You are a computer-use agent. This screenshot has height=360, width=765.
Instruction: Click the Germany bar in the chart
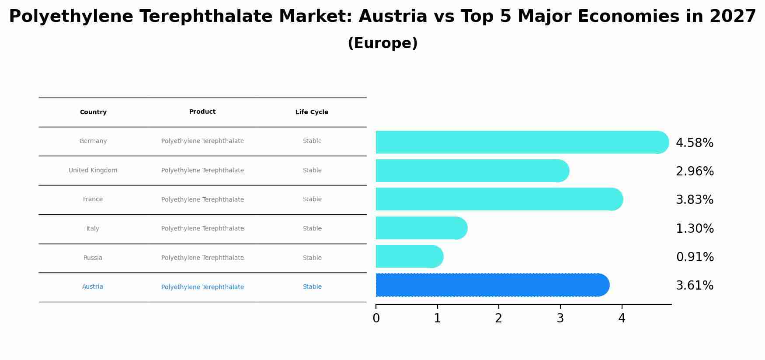520,142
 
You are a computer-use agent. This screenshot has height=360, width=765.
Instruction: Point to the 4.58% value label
694,143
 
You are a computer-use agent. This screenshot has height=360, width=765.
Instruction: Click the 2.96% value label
694,171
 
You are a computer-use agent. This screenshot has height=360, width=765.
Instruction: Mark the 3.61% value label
694,286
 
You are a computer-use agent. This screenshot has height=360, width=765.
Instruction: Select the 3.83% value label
694,200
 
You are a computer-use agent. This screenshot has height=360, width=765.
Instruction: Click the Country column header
93,112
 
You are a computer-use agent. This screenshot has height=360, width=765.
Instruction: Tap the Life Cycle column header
312,112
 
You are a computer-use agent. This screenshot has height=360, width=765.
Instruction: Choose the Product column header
202,112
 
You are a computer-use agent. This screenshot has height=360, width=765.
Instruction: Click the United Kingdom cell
93,171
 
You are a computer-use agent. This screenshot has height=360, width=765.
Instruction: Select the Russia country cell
93,258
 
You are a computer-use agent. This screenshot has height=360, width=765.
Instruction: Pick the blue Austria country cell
93,287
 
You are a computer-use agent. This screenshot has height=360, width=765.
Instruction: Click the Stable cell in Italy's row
312,229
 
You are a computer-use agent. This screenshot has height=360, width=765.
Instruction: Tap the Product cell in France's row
202,200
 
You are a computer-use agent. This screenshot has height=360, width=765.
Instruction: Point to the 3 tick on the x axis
560,318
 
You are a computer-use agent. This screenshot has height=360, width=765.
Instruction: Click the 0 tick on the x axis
376,318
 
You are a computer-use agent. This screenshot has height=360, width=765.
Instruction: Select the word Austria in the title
393,17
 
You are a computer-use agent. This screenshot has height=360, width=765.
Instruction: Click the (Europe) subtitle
382,43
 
